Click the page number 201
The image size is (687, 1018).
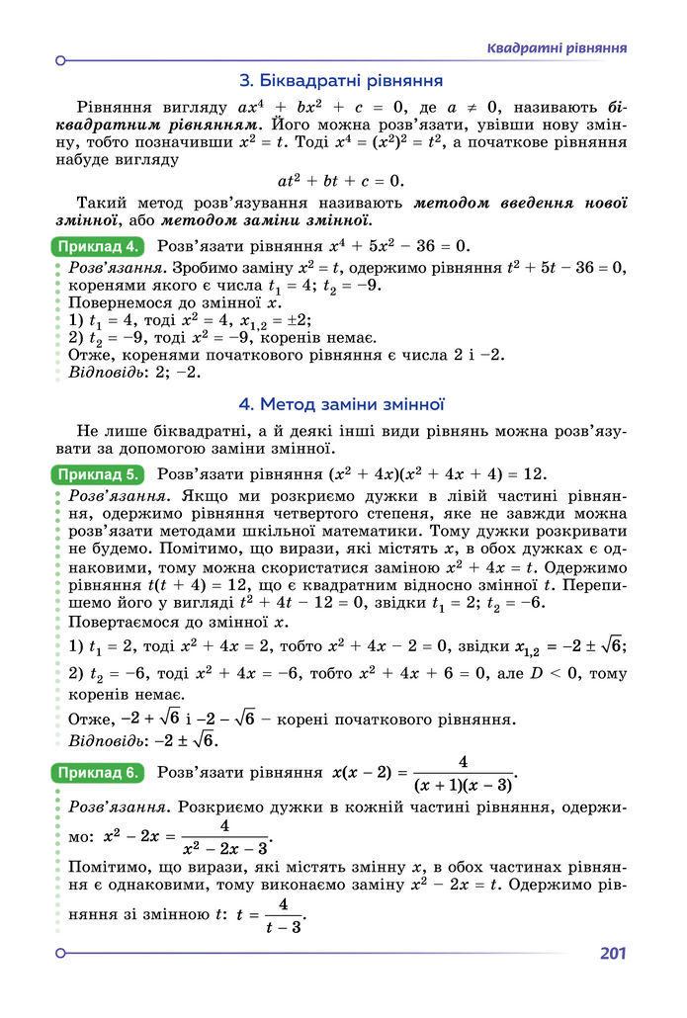tap(613, 954)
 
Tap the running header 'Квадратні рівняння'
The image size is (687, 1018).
tap(558, 48)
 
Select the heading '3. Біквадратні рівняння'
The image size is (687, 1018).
tap(341, 80)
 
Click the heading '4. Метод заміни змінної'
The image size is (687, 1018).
tap(342, 404)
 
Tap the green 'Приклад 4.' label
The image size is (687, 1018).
tap(97, 246)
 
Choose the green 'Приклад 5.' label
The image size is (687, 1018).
tap(97, 473)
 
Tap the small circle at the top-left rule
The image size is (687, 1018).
tap(60, 60)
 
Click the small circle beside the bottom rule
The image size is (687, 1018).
tap(60, 954)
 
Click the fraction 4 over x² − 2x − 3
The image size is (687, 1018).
tap(224, 836)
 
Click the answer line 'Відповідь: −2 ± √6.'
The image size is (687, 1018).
tap(144, 739)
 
